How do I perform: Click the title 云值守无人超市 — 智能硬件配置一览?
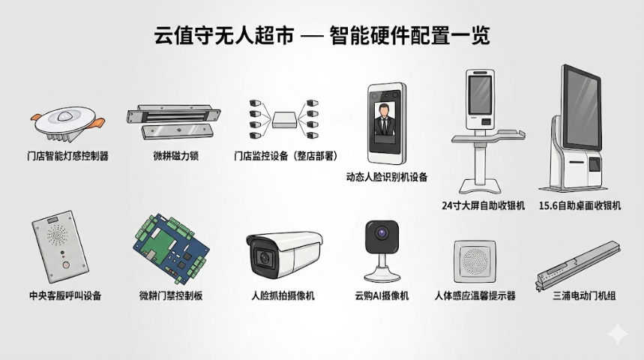pyautogui.click(x=322, y=35)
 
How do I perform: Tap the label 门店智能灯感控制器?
pyautogui.click(x=67, y=157)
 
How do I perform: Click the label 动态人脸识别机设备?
pyautogui.click(x=387, y=178)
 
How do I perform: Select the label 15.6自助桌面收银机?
pyautogui.click(x=580, y=205)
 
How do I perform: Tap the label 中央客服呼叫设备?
pyautogui.click(x=64, y=295)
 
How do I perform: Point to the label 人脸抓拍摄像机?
pyautogui.click(x=283, y=295)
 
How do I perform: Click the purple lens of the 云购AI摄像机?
pyautogui.click(x=381, y=235)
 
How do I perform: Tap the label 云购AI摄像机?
pyautogui.click(x=382, y=295)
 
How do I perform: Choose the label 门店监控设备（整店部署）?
pyautogui.click(x=284, y=157)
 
